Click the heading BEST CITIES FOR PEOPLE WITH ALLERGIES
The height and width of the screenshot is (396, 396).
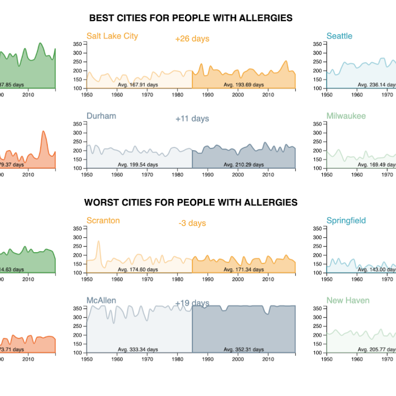191,18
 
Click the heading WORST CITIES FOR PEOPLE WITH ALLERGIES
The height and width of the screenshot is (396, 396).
191,203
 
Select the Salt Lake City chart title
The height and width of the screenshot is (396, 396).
112,36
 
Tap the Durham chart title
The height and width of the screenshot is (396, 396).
101,116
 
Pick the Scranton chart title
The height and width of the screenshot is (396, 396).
103,221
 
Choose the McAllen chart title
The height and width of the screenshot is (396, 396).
101,300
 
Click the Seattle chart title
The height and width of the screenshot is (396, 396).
339,36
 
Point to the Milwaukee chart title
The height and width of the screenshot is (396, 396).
346,116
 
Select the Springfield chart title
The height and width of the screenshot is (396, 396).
346,221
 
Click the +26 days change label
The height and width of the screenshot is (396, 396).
192,39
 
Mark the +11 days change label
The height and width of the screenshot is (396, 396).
192,119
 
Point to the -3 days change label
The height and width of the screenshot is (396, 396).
192,223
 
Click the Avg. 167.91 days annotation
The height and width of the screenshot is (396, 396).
138,85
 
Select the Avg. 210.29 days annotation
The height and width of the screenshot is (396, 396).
243,165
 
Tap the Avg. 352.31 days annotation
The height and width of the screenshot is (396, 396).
243,349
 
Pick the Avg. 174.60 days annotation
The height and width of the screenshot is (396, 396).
138,270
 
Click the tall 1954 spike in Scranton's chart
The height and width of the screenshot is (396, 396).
99,242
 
